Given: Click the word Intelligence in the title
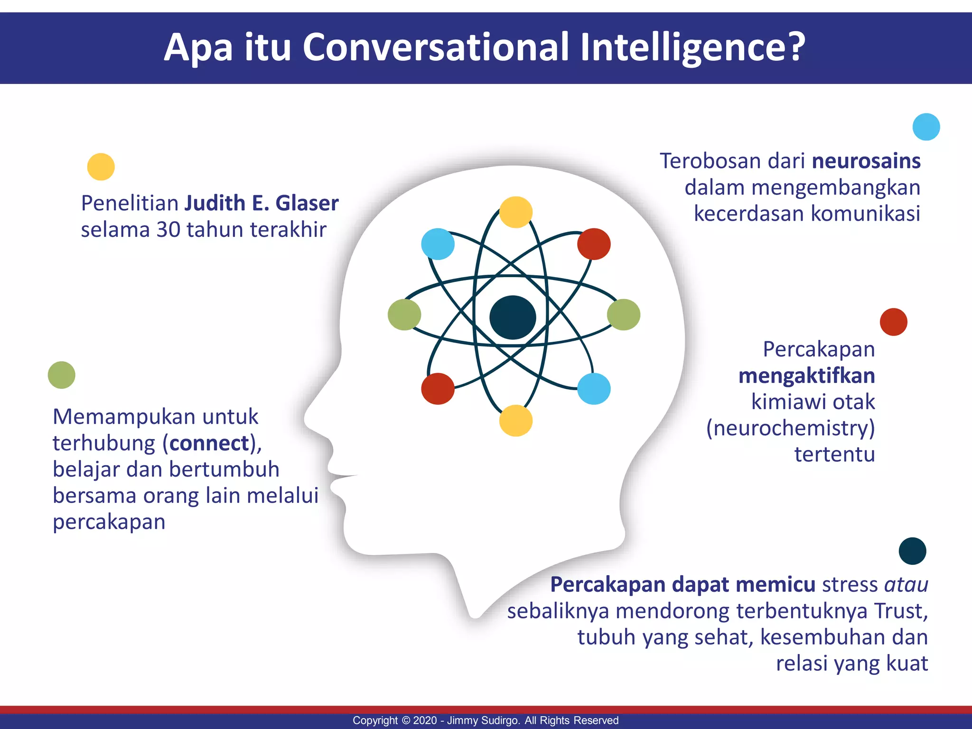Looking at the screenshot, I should coord(693,47).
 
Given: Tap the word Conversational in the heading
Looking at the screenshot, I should coord(435,47).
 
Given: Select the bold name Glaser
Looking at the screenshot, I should coord(307,203).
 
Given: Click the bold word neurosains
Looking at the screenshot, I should coord(866,161).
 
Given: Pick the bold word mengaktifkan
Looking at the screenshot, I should coord(807,376).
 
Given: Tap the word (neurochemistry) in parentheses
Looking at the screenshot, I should coord(790,428).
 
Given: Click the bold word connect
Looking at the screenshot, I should coord(209,443).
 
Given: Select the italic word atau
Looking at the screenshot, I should coord(906,585).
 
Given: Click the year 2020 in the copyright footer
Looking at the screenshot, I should coord(425,720).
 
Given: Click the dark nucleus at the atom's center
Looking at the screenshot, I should coord(513,317).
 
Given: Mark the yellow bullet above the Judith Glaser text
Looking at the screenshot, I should coord(101,167).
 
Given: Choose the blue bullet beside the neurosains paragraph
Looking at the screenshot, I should coord(926,127).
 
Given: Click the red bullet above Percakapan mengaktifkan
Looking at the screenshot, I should coord(893,322).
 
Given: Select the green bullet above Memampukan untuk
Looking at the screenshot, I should coord(62,375).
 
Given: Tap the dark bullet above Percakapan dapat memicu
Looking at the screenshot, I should coord(912,551).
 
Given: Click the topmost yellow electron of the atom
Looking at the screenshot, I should coord(516,212).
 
